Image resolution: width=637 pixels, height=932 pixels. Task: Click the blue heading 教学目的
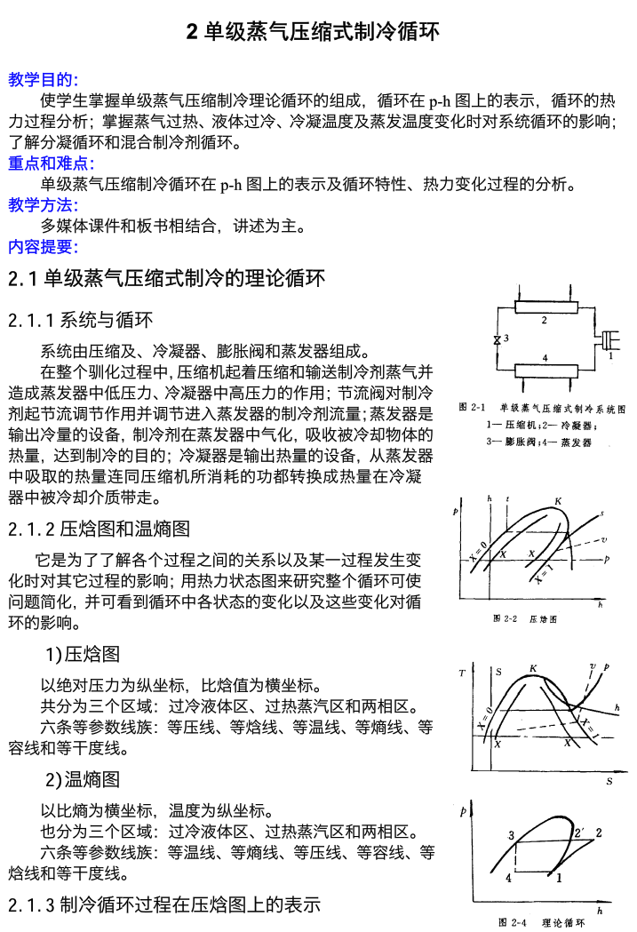(44, 80)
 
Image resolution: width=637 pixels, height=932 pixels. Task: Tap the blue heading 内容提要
(44, 247)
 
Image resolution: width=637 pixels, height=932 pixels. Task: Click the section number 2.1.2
(31, 530)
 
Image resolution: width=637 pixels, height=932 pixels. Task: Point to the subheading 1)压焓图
(83, 655)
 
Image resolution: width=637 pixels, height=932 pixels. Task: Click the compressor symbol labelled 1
(609, 340)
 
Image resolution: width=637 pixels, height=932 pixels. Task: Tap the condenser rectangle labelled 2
(544, 309)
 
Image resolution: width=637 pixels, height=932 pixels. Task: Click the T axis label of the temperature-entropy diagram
(462, 673)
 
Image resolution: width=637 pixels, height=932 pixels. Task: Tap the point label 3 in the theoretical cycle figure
(511, 836)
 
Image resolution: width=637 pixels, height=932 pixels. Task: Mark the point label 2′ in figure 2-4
(579, 832)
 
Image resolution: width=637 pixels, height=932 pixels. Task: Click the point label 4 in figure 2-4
(508, 878)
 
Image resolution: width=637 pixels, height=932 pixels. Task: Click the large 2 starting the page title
(192, 33)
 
